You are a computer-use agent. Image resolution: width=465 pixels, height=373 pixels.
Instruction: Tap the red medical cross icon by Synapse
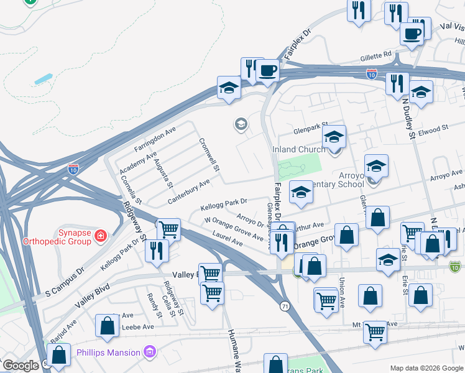click(100, 236)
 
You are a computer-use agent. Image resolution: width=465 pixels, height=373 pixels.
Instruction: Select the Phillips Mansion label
click(108, 352)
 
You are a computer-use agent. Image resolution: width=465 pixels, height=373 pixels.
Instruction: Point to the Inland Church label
click(298, 149)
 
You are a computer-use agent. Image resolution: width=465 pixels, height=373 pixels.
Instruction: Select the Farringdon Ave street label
click(155, 140)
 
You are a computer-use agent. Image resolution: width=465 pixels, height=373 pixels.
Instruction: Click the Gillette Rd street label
click(375, 55)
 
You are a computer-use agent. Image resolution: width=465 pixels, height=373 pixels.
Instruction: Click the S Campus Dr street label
click(64, 282)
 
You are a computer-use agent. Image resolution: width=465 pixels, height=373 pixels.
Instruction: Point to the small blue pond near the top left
click(43, 80)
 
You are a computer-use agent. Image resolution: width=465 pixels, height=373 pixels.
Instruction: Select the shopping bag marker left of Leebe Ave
click(107, 325)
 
